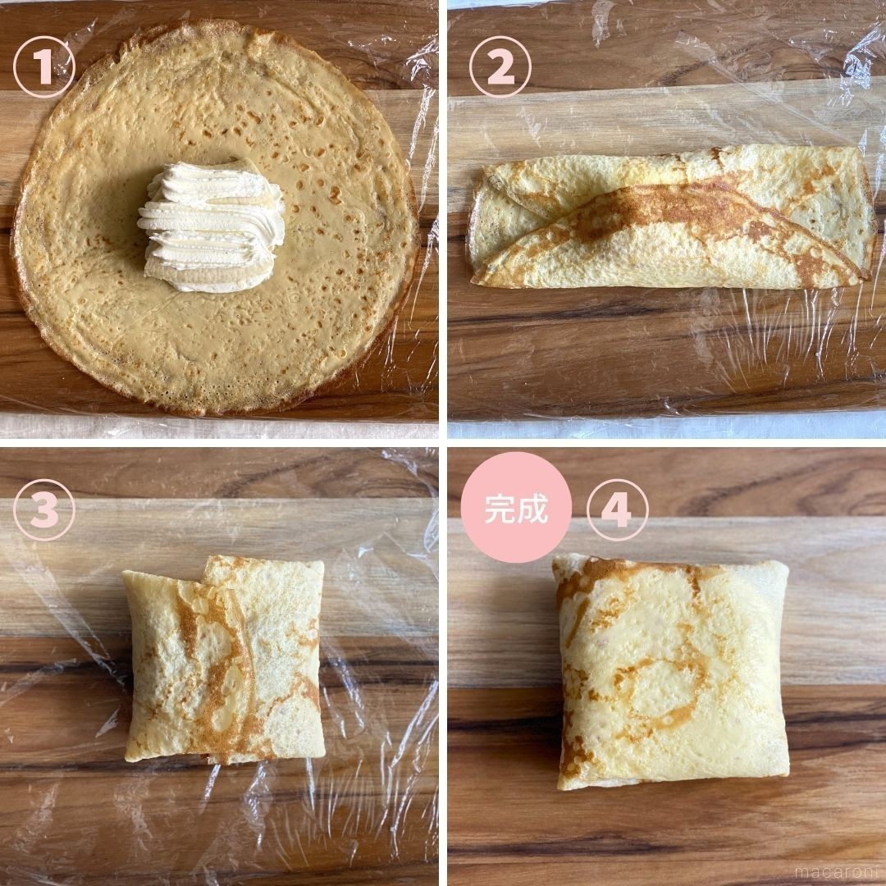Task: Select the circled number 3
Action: (x=44, y=509)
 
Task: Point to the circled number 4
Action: (x=618, y=509)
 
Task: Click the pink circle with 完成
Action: (x=516, y=508)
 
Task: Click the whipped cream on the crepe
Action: (x=213, y=226)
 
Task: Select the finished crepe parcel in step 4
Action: (x=671, y=673)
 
